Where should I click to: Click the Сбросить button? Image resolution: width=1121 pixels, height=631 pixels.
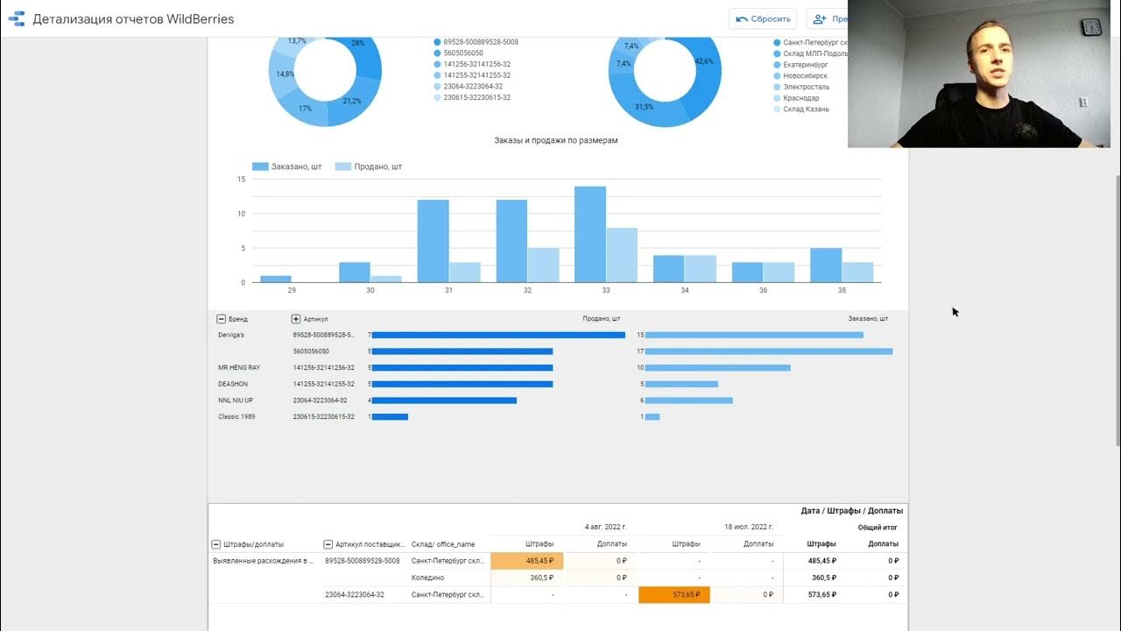(x=762, y=18)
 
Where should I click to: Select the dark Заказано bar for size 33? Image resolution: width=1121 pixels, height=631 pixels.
(x=589, y=234)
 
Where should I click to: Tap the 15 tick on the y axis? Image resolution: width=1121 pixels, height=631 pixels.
(x=241, y=179)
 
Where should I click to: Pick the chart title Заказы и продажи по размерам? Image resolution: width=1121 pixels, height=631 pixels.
(x=556, y=140)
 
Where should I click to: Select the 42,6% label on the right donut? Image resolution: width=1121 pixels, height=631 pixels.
(x=703, y=61)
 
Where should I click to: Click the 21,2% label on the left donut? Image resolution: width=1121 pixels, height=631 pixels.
(x=352, y=101)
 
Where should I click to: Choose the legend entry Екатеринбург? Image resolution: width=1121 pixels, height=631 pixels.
(x=806, y=65)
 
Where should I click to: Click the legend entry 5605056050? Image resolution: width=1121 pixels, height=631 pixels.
(x=463, y=53)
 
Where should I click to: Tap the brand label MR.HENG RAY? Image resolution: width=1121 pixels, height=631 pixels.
(x=239, y=367)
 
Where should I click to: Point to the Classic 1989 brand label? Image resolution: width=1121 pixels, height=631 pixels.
(x=236, y=416)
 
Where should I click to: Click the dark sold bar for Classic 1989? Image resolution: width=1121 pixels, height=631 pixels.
(x=391, y=416)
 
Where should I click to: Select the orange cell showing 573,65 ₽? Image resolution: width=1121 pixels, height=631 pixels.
(x=674, y=595)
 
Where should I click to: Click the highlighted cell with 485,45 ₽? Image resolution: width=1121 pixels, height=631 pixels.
(x=527, y=561)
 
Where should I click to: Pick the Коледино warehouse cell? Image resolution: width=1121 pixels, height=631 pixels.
(x=428, y=578)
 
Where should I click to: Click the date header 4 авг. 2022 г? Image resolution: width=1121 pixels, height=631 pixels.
(x=606, y=528)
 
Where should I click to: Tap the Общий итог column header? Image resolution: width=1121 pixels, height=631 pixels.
(x=878, y=528)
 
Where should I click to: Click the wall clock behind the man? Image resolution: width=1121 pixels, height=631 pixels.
(x=1091, y=27)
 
